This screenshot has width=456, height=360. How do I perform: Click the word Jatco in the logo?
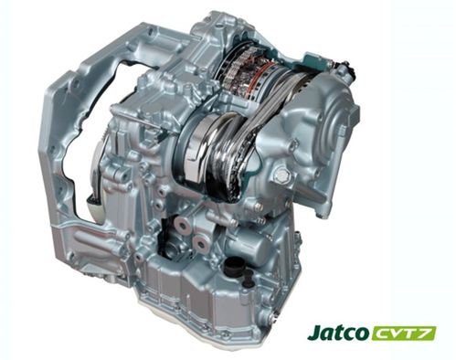point(337,333)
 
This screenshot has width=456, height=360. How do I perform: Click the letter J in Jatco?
point(313,333)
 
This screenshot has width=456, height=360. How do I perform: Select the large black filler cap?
point(233,266)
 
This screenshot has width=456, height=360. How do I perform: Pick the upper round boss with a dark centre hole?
point(182,226)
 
